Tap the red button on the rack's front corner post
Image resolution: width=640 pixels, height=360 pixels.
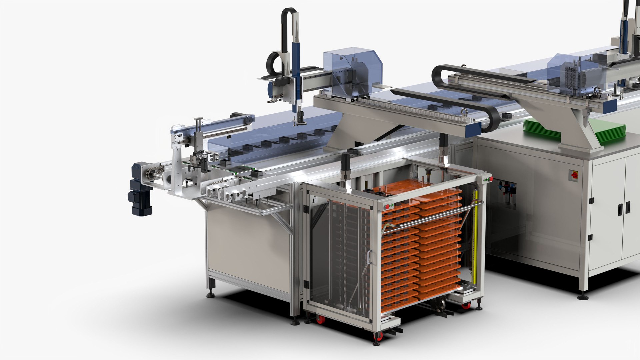(x=387, y=207)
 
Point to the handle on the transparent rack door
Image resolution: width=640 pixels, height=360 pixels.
(x=369, y=258)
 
